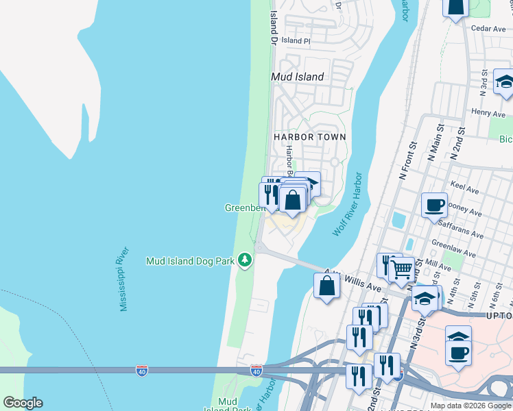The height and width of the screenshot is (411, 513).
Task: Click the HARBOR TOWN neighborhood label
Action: coord(310,137)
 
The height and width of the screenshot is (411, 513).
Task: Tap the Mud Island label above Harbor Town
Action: coord(298,77)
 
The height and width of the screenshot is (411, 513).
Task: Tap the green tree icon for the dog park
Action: coord(245,260)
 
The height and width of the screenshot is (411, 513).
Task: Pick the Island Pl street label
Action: coord(296,41)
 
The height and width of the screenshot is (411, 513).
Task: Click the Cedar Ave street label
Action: coord(489,29)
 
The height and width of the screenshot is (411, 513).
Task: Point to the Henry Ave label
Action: coord(489,112)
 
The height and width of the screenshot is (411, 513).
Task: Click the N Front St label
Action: coord(408,161)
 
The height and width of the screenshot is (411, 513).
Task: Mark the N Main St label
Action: coord(434,146)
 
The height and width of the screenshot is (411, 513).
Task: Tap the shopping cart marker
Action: coord(401,269)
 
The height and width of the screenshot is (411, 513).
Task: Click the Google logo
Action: coord(23,403)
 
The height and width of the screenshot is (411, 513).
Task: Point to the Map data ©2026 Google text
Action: coord(470,406)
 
